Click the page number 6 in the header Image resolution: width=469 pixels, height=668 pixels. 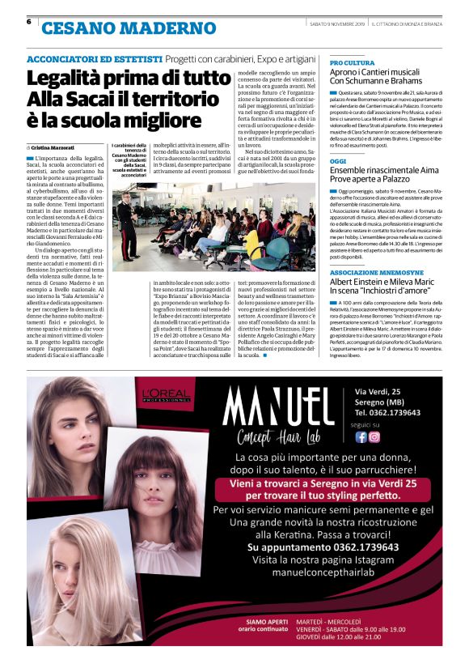[x=30, y=22]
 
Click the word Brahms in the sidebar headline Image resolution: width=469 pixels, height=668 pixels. [x=416, y=81]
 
